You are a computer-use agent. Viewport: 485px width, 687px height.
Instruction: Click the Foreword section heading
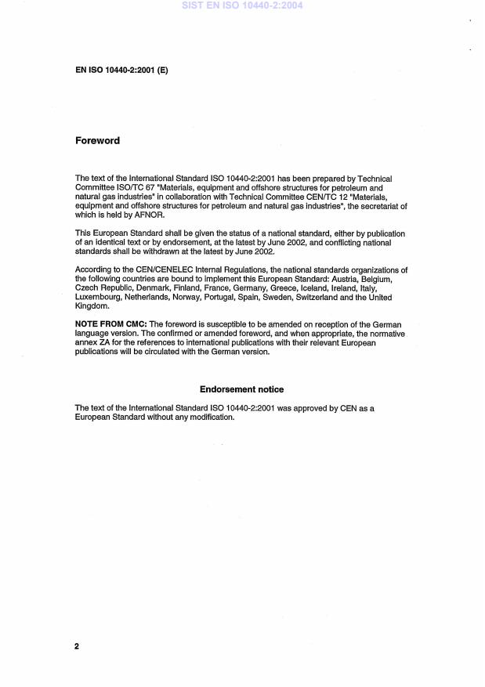point(97,141)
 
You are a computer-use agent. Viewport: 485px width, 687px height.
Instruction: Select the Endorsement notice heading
point(241,389)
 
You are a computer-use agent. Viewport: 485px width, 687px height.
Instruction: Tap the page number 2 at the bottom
point(77,647)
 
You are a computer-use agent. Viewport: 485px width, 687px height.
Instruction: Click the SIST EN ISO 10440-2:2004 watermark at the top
point(241,5)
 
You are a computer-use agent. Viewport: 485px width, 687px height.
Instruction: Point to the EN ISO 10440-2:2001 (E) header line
point(121,71)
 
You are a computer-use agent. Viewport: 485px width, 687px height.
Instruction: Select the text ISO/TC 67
point(134,189)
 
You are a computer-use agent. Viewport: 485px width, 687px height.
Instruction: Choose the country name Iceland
point(281,289)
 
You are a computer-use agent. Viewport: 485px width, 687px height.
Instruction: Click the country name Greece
point(248,289)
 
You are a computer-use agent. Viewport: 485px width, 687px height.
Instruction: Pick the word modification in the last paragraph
point(212,417)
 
